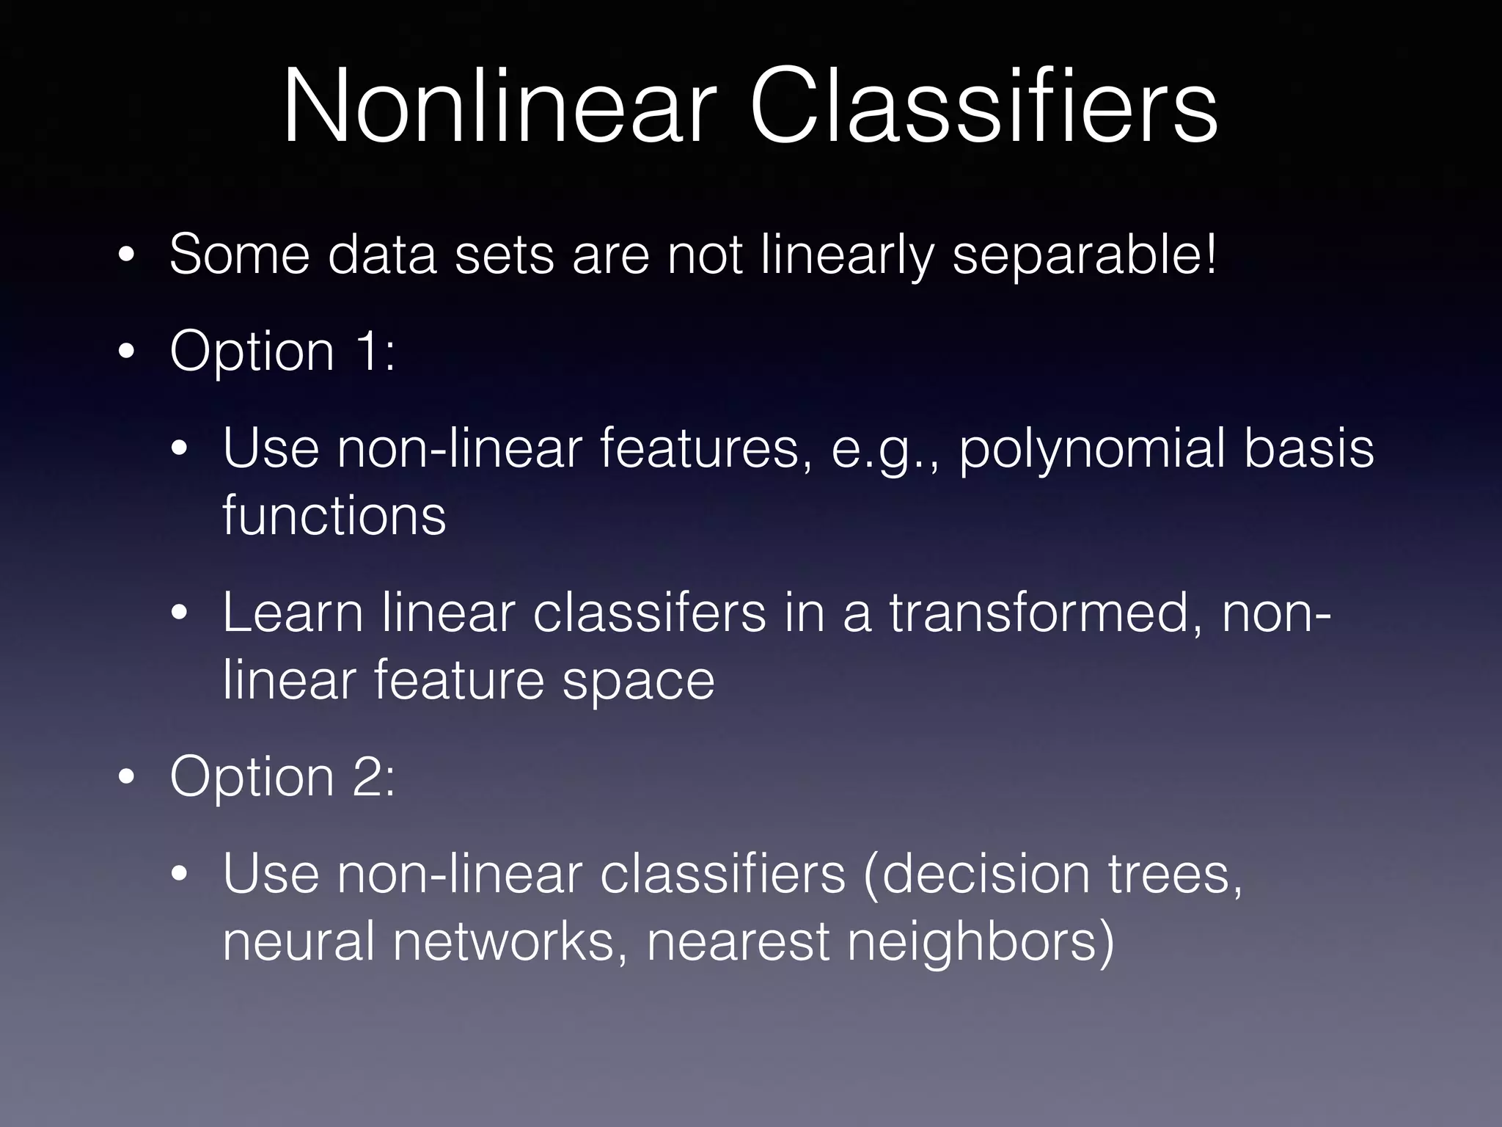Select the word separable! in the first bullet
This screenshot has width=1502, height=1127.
[x=1084, y=256]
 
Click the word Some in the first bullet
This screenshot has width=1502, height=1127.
[x=239, y=255]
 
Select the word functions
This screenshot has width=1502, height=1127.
[x=334, y=516]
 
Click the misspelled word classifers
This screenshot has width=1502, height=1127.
[x=649, y=613]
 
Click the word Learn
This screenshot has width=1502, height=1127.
[x=293, y=613]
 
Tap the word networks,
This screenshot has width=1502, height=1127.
[x=510, y=942]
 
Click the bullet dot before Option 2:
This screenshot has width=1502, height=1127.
[x=127, y=778]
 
